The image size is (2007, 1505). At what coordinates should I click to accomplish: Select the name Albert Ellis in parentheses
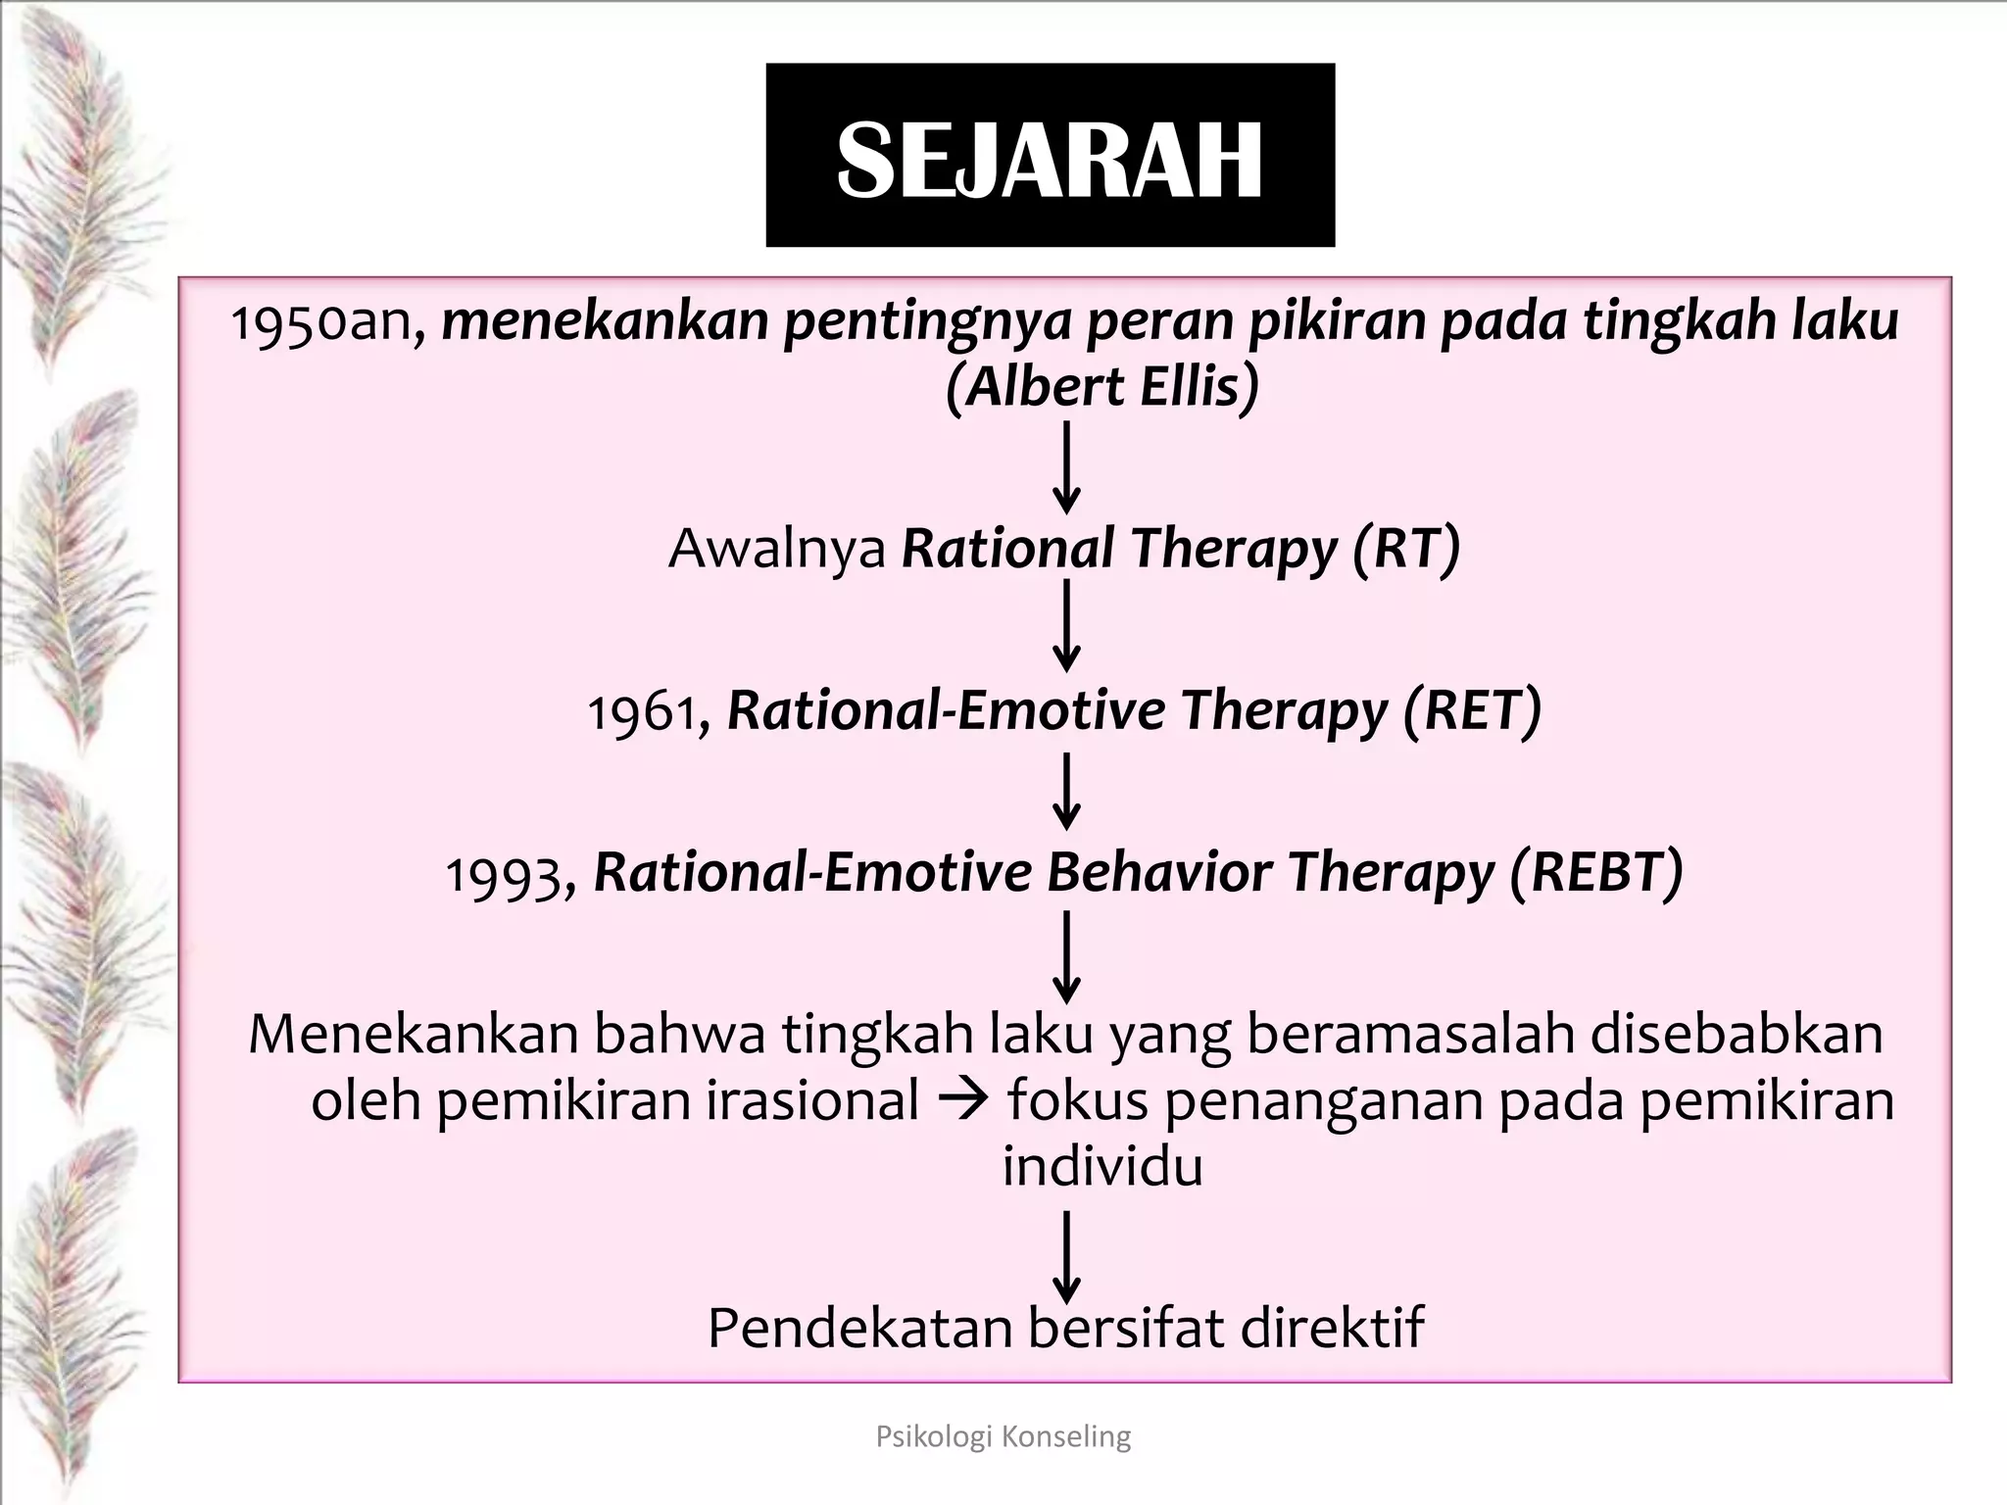[x=1102, y=387]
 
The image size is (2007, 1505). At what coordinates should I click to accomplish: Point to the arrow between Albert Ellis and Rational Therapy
[x=1066, y=467]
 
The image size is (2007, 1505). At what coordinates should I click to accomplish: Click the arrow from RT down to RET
[x=1066, y=626]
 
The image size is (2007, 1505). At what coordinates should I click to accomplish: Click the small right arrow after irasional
[x=964, y=1101]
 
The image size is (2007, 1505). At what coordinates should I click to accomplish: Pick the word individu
[x=1101, y=1167]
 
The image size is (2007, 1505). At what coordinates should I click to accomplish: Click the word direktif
[x=1332, y=1328]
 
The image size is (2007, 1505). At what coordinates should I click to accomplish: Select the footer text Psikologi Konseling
[x=1003, y=1436]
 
